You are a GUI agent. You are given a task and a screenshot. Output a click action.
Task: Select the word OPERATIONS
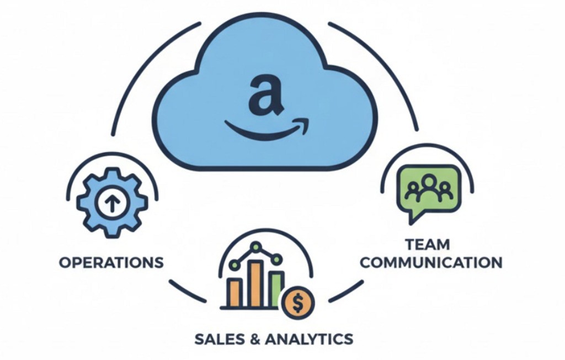coord(111,261)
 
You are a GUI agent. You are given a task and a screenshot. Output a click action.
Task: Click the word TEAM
coord(427,244)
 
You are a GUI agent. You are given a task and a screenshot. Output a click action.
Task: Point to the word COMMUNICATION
coord(431,262)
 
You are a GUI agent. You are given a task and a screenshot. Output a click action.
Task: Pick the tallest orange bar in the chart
coord(255,283)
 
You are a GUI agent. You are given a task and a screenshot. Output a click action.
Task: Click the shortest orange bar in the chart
coord(235,293)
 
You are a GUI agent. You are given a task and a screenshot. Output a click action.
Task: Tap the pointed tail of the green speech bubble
coord(412,218)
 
